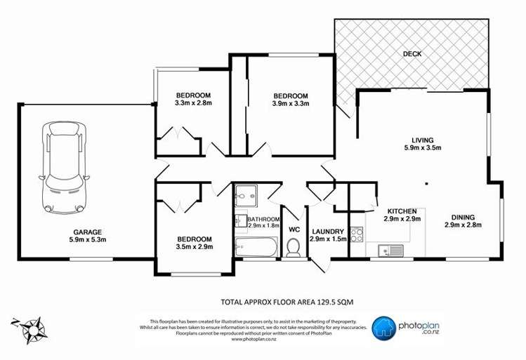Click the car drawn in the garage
point(64,166)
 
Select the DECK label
point(412,54)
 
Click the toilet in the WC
point(294,247)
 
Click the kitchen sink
point(388,249)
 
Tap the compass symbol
point(31,326)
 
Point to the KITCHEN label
point(402,211)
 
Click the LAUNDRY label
point(327,231)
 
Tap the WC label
point(294,229)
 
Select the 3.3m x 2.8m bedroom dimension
point(193,103)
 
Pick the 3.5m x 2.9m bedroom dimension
point(194,247)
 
